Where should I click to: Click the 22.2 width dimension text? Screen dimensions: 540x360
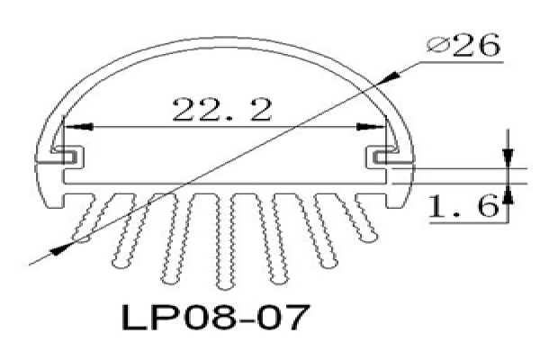(x=222, y=110)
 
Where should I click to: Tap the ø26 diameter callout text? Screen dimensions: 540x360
(x=463, y=46)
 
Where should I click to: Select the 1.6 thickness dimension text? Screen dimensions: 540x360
(x=463, y=206)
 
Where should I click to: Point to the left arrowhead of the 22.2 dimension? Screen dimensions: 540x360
(x=78, y=127)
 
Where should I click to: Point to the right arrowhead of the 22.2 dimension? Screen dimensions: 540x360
(x=371, y=127)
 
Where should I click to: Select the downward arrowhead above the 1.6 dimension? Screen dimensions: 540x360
(x=508, y=157)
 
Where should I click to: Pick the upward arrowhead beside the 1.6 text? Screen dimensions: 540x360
(x=508, y=194)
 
